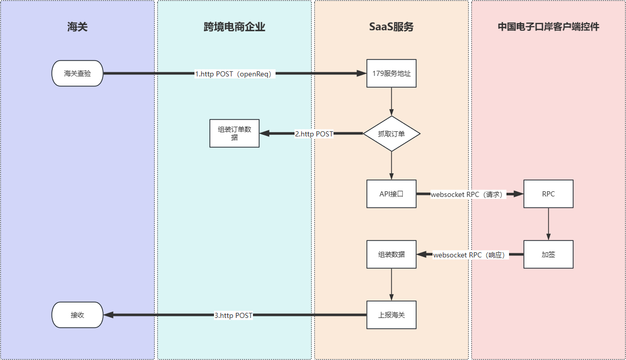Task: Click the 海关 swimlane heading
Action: (77, 27)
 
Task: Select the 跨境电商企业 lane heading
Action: (234, 27)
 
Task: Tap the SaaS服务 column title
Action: (391, 27)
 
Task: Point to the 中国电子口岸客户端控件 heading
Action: (548, 27)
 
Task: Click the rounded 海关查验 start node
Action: (77, 73)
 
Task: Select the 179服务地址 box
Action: (392, 73)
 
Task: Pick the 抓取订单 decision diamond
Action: (392, 133)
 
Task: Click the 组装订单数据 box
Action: (234, 133)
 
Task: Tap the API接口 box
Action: (392, 194)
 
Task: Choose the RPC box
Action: (549, 194)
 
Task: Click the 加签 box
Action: (549, 254)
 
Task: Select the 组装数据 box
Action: (392, 254)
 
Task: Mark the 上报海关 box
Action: (392, 315)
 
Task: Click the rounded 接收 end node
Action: (77, 315)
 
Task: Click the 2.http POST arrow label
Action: (314, 134)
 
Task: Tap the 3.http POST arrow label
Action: (233, 315)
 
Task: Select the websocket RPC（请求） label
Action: (468, 194)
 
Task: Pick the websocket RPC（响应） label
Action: (469, 255)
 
